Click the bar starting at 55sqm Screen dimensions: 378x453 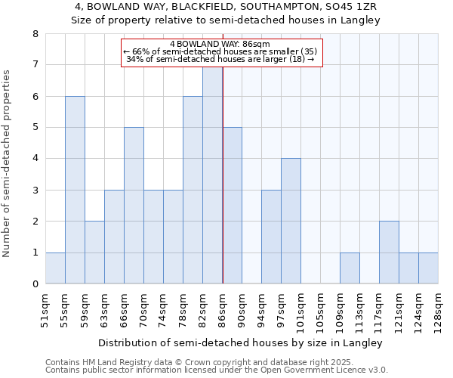click(75, 190)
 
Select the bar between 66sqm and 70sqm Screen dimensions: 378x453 click(134, 206)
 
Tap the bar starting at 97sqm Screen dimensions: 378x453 click(291, 221)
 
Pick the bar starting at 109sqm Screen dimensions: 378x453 click(350, 268)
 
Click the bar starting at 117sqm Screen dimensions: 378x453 click(389, 253)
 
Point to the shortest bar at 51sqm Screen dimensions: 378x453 click(55, 268)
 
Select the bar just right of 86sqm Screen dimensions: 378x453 click(233, 206)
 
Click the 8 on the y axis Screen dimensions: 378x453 click(35, 34)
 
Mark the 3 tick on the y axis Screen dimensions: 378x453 click(35, 190)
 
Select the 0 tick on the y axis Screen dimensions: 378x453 click(35, 284)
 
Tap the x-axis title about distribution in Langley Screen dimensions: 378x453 click(241, 342)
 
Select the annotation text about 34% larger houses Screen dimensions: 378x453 click(220, 59)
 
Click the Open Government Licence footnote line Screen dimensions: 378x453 click(217, 370)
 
